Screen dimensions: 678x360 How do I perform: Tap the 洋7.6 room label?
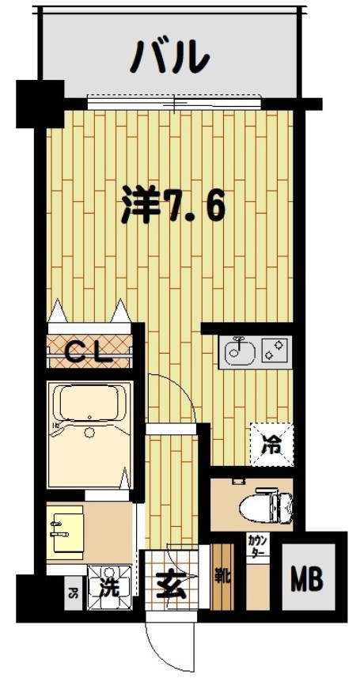point(173,206)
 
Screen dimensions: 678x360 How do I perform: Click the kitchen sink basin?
point(239,353)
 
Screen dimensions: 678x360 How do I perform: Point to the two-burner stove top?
point(276,351)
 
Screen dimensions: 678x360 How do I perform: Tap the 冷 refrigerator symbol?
point(271,444)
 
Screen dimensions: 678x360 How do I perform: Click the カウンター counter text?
point(257,547)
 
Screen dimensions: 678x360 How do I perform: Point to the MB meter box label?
point(308,580)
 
